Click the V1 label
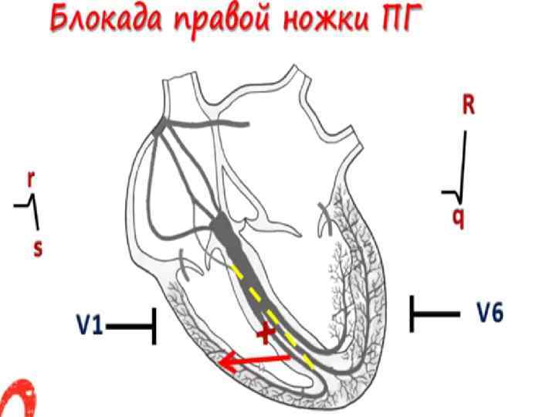[90, 326]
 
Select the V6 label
[489, 313]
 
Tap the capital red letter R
[468, 107]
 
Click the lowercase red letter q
[459, 218]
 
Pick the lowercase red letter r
[31, 178]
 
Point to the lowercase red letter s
[36, 249]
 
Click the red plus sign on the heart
[266, 334]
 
